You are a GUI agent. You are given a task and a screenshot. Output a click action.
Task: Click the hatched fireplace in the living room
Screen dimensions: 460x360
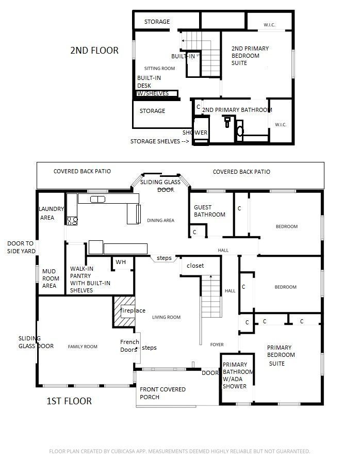[124, 311]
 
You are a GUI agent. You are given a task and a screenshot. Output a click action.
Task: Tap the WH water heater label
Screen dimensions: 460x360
[121, 262]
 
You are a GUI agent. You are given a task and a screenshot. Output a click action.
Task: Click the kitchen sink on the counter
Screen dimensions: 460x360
[97, 199]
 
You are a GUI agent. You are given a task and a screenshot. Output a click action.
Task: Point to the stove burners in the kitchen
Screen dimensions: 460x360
[72, 221]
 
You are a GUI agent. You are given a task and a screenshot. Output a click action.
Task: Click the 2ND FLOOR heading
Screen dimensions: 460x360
[94, 51]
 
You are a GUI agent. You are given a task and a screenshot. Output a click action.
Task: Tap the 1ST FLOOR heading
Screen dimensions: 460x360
[69, 401]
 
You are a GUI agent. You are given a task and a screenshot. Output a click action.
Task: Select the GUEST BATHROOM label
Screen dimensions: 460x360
[209, 211]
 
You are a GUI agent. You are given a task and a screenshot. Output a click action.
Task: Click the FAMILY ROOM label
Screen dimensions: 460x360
[83, 347]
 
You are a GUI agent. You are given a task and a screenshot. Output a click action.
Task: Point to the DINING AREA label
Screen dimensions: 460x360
[160, 220]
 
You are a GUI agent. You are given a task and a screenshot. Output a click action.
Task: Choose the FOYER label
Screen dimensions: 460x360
[217, 344]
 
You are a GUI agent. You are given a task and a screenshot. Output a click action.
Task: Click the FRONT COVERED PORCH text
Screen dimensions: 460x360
[162, 393]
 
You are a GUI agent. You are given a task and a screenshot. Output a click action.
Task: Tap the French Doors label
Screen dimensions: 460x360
[129, 346]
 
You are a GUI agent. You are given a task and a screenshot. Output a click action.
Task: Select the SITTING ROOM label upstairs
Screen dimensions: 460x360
[159, 68]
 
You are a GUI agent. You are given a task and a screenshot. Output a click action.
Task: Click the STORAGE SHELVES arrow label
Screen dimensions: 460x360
[159, 141]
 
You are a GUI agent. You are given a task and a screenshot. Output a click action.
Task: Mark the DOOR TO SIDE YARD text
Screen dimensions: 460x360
[20, 247]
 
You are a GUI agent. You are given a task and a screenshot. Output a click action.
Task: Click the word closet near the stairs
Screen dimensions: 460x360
[195, 266]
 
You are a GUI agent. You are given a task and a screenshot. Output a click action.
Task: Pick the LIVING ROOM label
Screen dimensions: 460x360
[166, 317]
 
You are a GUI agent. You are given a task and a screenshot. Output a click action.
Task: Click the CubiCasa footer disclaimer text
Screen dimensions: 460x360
[179, 451]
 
